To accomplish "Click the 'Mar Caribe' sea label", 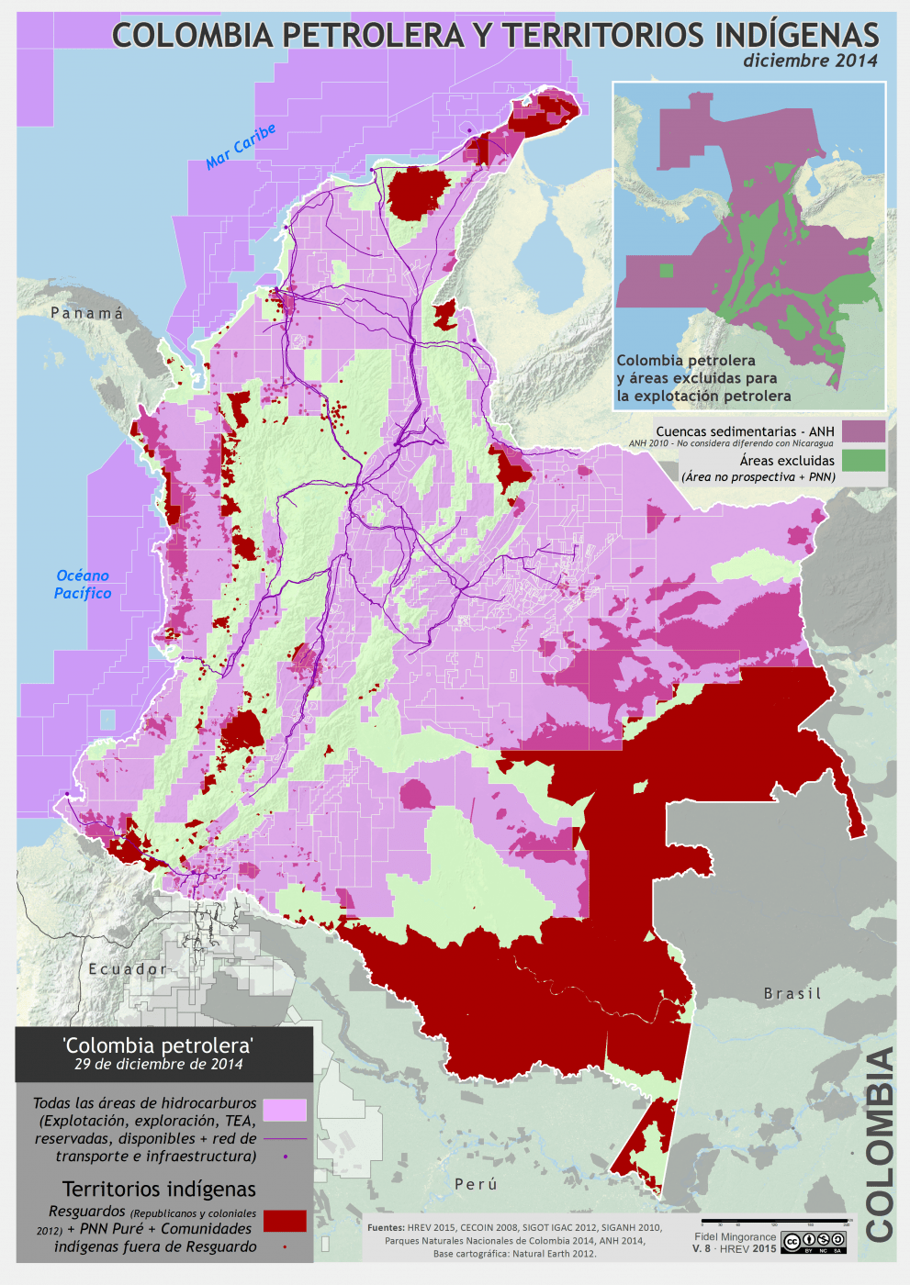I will [x=241, y=147].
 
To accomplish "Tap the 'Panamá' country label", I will [x=87, y=314].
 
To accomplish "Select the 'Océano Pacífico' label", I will [x=83, y=585].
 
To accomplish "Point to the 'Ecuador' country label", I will [x=129, y=969].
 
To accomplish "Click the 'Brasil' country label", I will [x=792, y=994].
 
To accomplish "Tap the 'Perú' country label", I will [x=476, y=1184].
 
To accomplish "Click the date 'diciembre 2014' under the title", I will [x=810, y=61].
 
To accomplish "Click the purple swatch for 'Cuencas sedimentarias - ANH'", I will [x=863, y=431].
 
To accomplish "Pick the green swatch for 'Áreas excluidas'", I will [x=863, y=460].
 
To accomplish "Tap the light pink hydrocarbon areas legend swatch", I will [x=285, y=1110].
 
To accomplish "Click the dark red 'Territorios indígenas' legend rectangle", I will [x=285, y=1220].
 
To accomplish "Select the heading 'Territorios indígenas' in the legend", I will [x=159, y=1190].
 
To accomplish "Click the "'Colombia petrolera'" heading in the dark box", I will [x=158, y=1045].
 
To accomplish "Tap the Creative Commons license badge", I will [x=813, y=1243].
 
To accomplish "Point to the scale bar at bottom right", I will [x=773, y=1223].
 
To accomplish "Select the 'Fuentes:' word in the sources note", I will [x=386, y=1227].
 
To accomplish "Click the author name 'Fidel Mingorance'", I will [x=735, y=1236].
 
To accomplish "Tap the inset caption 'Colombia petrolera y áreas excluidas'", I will [x=702, y=378].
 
